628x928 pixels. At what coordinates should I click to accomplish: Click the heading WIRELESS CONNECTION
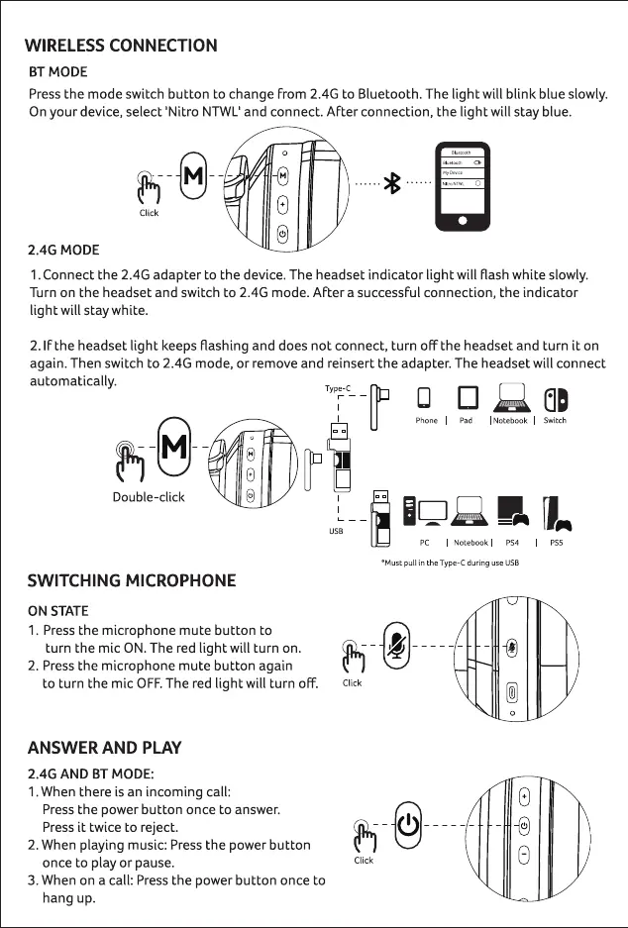click(121, 46)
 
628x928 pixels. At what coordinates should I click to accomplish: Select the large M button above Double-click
click(174, 448)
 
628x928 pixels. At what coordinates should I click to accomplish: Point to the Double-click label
click(149, 496)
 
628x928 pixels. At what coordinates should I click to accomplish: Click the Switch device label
click(555, 420)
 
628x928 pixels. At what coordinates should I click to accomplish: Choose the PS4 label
click(512, 543)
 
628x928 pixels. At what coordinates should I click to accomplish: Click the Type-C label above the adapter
click(338, 388)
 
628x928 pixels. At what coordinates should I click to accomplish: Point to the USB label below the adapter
click(336, 532)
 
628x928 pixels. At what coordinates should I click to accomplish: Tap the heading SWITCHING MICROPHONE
click(131, 580)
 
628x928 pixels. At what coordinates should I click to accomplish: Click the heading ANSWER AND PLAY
click(104, 748)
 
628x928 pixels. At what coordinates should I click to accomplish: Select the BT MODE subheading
click(57, 71)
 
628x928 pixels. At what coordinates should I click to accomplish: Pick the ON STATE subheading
click(57, 610)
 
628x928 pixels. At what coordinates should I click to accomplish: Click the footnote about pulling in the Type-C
click(451, 563)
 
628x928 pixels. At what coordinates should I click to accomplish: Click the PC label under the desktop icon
click(424, 543)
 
